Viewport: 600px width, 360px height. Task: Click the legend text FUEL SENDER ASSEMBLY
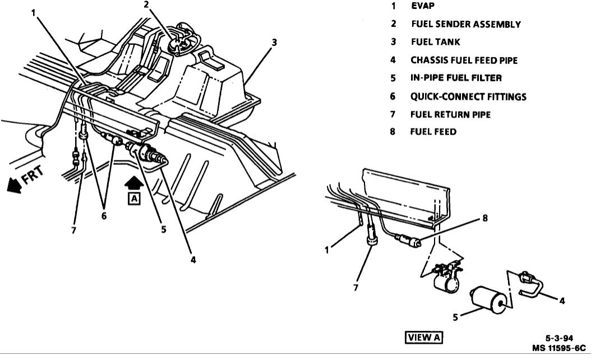465,24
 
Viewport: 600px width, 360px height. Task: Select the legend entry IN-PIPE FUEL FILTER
456,78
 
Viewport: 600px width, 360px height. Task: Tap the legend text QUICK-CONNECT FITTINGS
468,96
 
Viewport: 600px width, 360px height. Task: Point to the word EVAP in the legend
423,6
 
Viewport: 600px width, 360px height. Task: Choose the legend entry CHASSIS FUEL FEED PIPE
464,60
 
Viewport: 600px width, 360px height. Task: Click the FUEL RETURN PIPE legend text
450,114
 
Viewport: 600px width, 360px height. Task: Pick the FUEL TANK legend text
435,42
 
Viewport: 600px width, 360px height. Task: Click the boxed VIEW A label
424,337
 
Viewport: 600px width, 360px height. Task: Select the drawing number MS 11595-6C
559,348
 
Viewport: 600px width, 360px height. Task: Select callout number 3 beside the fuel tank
274,41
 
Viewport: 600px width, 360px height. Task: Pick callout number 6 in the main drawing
104,214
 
